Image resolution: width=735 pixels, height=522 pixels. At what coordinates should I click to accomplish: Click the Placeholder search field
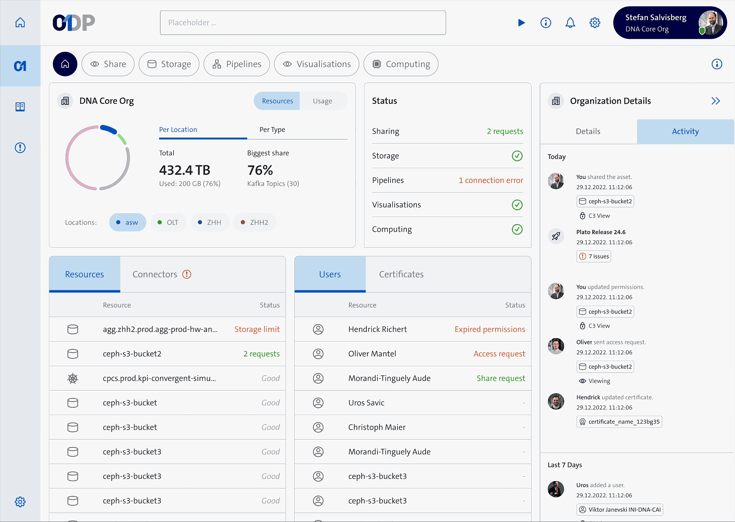(303, 23)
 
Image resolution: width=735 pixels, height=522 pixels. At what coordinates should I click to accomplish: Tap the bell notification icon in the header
(570, 23)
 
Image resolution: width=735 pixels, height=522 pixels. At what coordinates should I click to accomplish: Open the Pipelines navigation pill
(237, 64)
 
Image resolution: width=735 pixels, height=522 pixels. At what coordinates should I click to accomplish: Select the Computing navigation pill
(401, 64)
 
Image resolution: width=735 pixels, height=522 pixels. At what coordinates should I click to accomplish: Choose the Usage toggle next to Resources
(322, 101)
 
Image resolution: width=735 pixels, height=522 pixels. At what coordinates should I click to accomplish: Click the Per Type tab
(272, 129)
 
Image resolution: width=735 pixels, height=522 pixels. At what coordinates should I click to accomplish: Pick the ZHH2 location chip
(255, 222)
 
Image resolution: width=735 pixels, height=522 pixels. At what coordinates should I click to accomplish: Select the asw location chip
(127, 222)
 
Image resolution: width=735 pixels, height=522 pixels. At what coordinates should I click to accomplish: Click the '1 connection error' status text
(491, 180)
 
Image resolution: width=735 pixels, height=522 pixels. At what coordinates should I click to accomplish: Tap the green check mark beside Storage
(517, 156)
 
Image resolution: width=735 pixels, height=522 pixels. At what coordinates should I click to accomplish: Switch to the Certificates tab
(401, 274)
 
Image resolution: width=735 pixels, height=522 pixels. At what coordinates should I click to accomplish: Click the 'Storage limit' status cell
(257, 329)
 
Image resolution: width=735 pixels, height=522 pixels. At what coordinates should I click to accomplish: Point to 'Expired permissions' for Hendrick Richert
(490, 329)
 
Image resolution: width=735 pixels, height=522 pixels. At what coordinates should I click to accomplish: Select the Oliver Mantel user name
(372, 354)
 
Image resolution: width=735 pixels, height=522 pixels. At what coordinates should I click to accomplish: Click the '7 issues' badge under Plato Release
(594, 256)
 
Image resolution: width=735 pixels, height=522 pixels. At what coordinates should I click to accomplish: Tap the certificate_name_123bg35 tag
(619, 422)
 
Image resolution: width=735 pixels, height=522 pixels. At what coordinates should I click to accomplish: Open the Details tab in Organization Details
(588, 132)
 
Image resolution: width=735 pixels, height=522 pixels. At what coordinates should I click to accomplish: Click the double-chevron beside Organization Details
(716, 101)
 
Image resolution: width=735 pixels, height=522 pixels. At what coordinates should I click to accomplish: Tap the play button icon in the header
(521, 23)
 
